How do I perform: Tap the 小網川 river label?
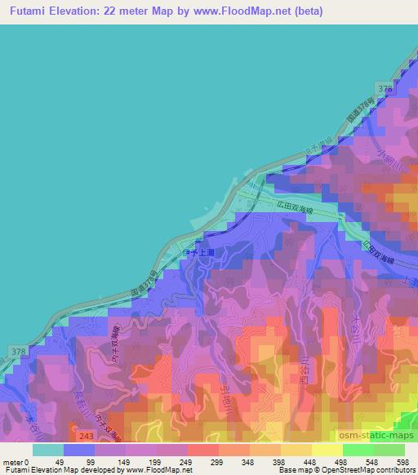point(375,156)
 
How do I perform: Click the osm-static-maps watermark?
point(384,433)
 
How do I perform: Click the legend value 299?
point(217,461)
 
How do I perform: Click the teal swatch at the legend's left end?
point(47,450)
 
